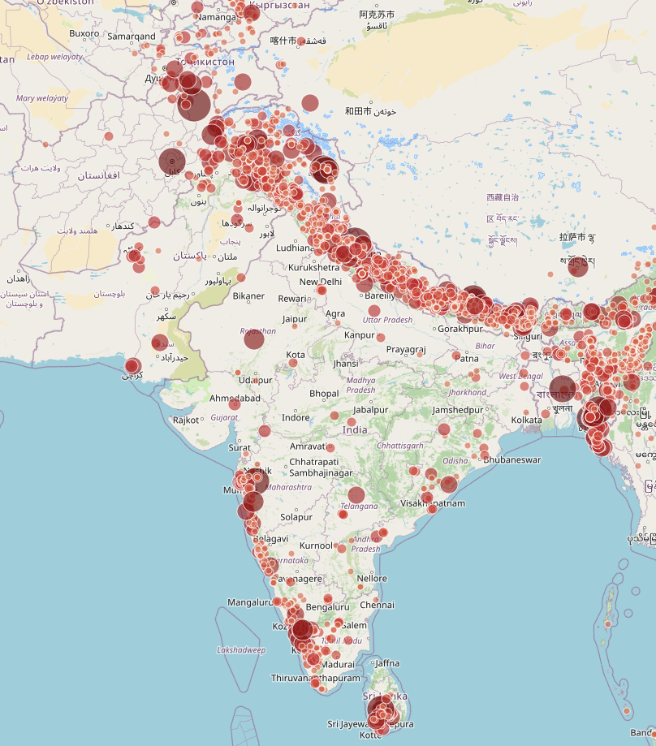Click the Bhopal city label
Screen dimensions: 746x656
pyautogui.click(x=324, y=394)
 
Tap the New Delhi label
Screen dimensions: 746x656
pyautogui.click(x=320, y=282)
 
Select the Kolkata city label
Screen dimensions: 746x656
pyautogui.click(x=527, y=420)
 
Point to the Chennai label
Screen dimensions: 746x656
pyautogui.click(x=377, y=605)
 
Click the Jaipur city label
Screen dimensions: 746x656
pyautogui.click(x=295, y=319)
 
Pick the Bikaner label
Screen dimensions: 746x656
pyautogui.click(x=248, y=295)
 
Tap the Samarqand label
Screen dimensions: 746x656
pyautogui.click(x=132, y=37)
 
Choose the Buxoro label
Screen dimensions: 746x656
pyautogui.click(x=84, y=33)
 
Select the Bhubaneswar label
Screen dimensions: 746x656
pyautogui.click(x=511, y=459)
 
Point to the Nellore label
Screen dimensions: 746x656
pyautogui.click(x=372, y=579)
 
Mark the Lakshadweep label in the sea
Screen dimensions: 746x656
pyautogui.click(x=241, y=649)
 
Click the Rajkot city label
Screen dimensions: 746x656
pyautogui.click(x=186, y=420)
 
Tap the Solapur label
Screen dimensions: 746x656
pyautogui.click(x=296, y=517)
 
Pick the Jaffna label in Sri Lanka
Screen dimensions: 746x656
pyautogui.click(x=387, y=663)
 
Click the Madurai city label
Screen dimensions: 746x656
pyautogui.click(x=339, y=664)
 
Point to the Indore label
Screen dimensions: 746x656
pyautogui.click(x=296, y=417)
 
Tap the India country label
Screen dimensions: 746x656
pyautogui.click(x=355, y=429)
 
